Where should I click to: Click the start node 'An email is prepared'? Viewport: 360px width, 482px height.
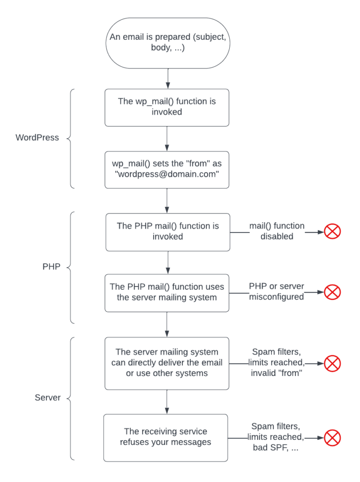[167, 43]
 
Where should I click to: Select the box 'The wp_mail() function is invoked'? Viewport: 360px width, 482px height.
[167, 107]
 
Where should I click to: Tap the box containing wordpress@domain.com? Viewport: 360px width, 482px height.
[167, 169]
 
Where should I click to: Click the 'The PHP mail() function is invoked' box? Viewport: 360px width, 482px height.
[167, 232]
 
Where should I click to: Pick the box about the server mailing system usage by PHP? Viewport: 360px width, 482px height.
[167, 293]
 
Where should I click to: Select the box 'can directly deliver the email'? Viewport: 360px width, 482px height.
[167, 363]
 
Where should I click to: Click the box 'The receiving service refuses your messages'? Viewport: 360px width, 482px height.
[165, 437]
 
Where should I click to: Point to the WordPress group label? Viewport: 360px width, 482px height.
[37, 138]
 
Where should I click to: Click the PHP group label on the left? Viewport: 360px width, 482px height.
[51, 267]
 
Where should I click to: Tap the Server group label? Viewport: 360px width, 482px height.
[48, 398]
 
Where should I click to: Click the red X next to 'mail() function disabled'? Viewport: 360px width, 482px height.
[332, 231]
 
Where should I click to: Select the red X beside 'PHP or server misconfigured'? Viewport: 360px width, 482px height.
[332, 292]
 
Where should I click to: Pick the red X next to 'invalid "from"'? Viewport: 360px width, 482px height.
[332, 363]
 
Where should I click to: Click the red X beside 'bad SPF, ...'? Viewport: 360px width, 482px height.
[332, 438]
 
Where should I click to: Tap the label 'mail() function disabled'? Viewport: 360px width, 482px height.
[277, 231]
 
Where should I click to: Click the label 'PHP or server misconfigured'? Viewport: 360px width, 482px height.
[277, 292]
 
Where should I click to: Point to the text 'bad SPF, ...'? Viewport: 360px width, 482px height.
[276, 448]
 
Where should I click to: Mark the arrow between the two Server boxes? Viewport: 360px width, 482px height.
[167, 402]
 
